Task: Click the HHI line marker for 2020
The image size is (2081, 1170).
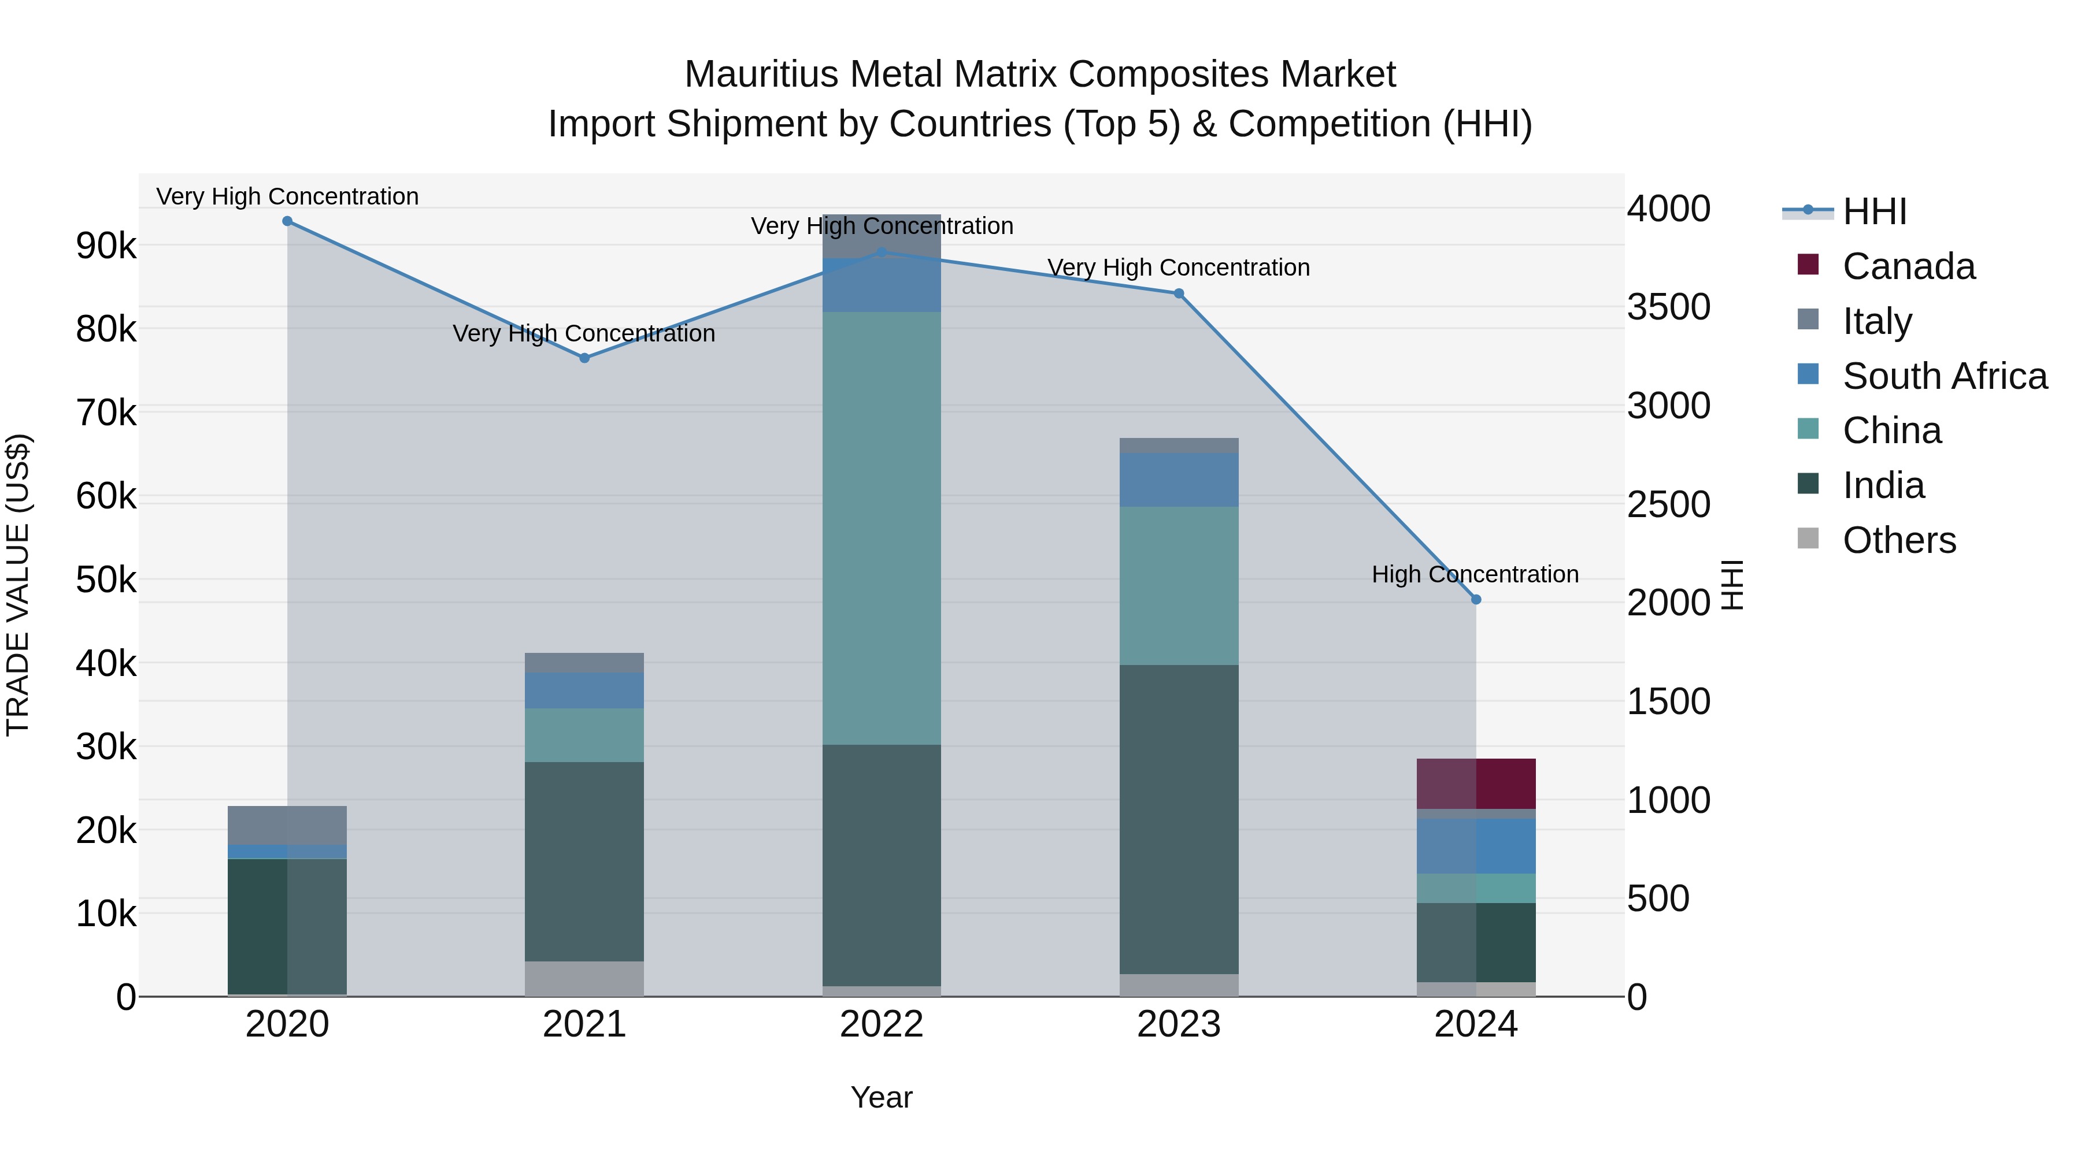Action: click(288, 221)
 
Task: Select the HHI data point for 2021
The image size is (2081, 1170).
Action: click(585, 358)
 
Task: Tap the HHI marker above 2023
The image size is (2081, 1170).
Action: click(1179, 294)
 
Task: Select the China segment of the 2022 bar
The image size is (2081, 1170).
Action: click(882, 528)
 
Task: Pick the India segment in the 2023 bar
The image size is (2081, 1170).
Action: click(1179, 819)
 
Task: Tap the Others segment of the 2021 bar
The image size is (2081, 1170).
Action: click(585, 979)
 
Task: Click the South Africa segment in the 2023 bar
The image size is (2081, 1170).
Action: click(1179, 481)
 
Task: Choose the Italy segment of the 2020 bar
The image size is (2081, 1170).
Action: click(288, 824)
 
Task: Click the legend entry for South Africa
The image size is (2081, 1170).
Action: click(1945, 376)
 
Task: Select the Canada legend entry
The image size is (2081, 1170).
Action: click(1908, 266)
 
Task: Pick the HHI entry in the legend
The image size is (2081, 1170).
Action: click(1874, 211)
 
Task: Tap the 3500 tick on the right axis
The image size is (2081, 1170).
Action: click(1668, 307)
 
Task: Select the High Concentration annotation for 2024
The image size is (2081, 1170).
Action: click(1475, 575)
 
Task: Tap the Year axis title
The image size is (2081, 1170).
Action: click(882, 1098)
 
